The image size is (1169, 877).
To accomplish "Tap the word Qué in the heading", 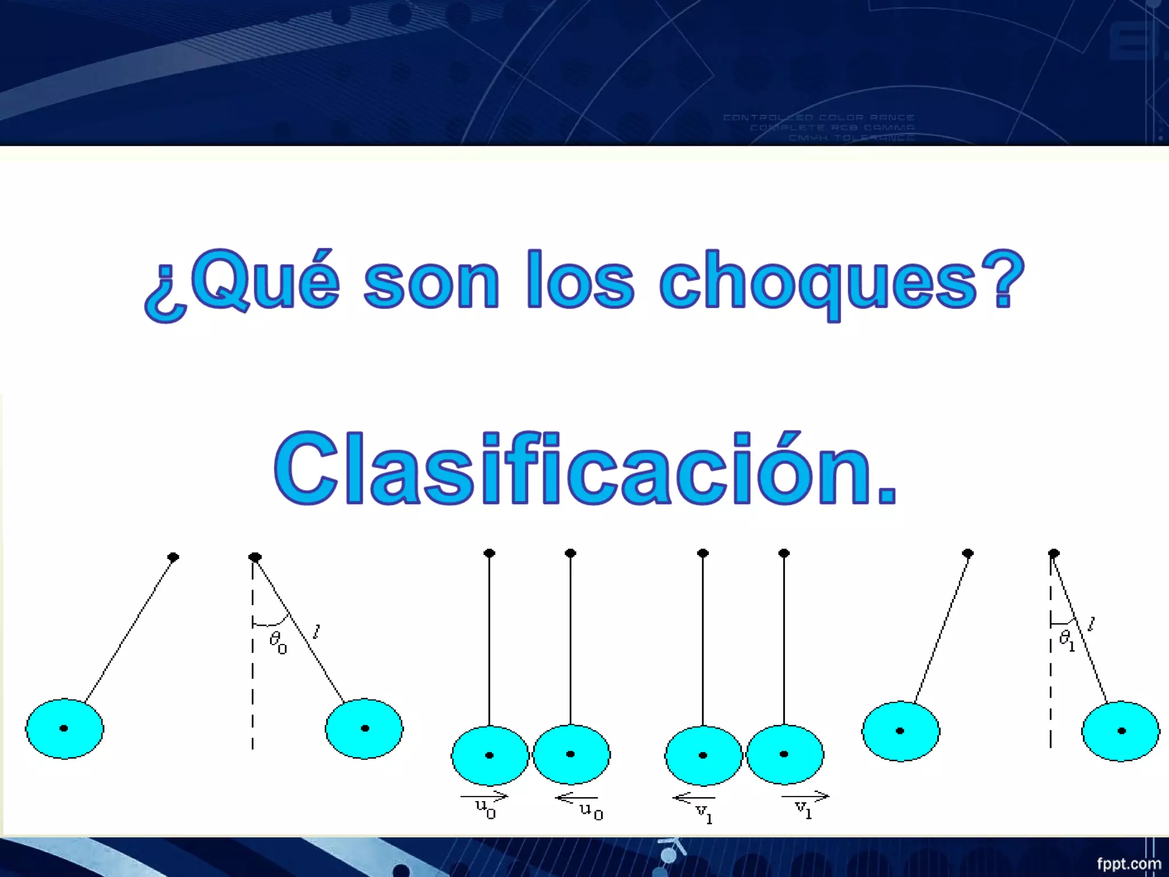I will [265, 280].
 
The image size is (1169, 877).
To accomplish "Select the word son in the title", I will [432, 283].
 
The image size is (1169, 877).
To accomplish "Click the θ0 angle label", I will [278, 642].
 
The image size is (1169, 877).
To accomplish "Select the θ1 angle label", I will [1066, 640].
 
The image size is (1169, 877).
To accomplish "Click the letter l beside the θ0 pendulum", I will [317, 631].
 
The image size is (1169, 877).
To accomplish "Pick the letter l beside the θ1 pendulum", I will [1091, 624].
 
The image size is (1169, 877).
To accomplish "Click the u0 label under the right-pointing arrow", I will [486, 809].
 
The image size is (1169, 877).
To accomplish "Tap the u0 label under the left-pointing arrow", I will [591, 811].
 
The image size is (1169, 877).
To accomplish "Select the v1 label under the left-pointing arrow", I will [704, 813].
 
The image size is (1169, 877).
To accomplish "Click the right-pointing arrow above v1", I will [805, 795].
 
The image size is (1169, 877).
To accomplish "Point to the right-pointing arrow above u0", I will [484, 795].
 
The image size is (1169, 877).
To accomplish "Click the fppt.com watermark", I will [1128, 863].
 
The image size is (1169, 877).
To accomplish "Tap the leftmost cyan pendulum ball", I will [65, 728].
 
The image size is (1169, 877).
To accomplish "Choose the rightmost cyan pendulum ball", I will [1120, 731].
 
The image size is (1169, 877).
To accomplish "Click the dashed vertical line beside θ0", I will [252, 685].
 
